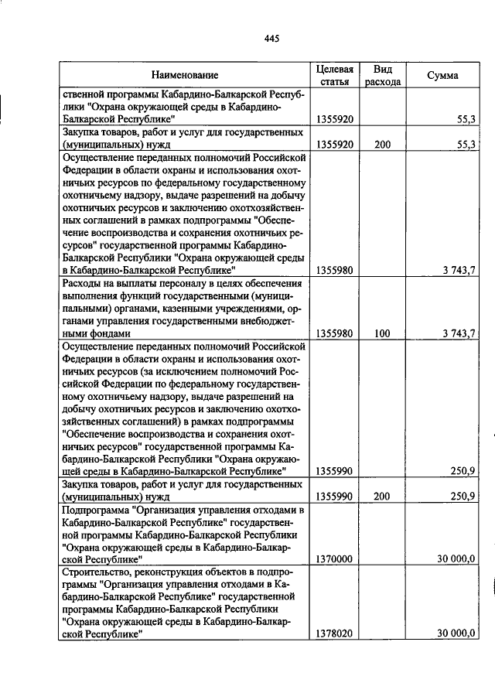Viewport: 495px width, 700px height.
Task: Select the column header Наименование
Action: [185, 75]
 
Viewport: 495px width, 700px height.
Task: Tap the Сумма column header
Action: [442, 75]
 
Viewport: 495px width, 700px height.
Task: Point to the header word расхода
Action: [383, 81]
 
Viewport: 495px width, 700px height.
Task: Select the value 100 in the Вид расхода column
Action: [382, 333]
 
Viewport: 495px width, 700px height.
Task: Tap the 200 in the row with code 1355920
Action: [382, 145]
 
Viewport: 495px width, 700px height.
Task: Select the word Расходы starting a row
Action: [81, 284]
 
